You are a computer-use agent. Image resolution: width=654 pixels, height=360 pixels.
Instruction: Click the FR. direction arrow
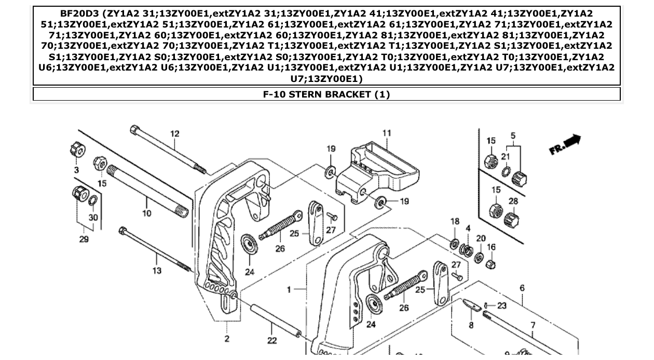(565, 144)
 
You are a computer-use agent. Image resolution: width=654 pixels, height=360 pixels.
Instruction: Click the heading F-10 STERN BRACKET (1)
(326, 94)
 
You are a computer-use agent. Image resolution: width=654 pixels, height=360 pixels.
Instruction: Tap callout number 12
(175, 134)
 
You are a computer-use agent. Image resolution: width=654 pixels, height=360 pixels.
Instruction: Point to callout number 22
(272, 341)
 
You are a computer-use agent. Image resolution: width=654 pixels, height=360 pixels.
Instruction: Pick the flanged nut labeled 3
(77, 151)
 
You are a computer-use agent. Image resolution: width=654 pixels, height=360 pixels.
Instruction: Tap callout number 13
(157, 270)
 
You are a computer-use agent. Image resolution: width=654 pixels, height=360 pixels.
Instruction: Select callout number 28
(513, 201)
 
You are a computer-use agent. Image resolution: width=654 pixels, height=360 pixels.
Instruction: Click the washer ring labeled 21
(506, 172)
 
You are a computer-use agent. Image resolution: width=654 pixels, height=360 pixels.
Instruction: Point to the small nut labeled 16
(490, 265)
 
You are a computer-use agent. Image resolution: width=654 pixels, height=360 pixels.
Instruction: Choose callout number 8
(471, 325)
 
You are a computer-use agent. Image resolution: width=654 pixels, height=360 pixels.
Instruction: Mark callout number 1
(289, 289)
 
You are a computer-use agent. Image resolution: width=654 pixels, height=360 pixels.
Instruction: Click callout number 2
(227, 339)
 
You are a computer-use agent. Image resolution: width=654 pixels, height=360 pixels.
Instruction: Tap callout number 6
(522, 288)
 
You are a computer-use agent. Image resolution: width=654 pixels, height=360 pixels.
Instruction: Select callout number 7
(533, 325)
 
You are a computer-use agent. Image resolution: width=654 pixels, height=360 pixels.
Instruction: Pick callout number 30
(93, 217)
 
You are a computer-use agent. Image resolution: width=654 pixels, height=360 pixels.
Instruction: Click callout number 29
(84, 239)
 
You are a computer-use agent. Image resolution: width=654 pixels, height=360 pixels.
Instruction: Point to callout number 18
(455, 221)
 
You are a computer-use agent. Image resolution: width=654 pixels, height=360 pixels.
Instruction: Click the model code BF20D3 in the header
(80, 13)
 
